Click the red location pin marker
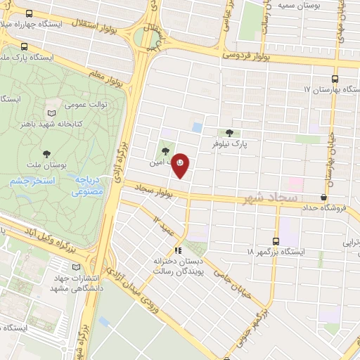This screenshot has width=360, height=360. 181,164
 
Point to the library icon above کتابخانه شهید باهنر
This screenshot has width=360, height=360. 51,112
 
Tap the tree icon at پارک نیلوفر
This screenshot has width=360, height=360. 230,132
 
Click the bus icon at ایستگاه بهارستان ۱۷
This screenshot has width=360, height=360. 335,79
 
